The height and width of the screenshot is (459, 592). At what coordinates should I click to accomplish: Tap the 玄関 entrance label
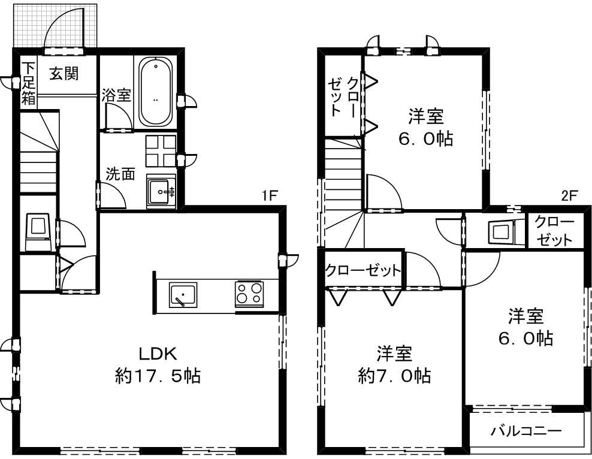coord(64,74)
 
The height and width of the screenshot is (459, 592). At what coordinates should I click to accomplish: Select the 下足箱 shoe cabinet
coord(28,84)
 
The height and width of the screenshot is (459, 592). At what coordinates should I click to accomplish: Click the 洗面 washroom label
coord(120,174)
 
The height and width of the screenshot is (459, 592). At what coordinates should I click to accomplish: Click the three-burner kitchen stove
coord(249,294)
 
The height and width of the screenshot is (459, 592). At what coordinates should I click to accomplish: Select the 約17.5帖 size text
coord(158,376)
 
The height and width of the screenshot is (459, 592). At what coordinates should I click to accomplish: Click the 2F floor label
coord(569,195)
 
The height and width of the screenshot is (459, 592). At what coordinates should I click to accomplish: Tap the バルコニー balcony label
coord(525,430)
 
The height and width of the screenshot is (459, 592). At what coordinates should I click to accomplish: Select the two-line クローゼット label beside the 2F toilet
coord(554,231)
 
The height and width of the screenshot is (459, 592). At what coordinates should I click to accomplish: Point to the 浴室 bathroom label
coord(116,95)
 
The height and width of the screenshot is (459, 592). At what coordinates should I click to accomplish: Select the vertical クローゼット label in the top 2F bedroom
coord(345,96)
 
